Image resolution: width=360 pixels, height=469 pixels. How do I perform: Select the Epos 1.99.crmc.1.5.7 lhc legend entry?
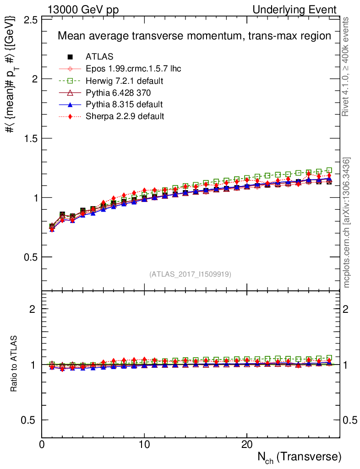(133, 69)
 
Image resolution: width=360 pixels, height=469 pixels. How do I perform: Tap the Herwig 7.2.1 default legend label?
(125, 81)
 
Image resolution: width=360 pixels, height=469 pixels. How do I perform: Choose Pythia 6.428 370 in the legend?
(118, 93)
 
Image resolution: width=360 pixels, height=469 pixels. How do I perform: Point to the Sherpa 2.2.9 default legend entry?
(125, 116)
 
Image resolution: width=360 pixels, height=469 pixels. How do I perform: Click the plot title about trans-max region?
(194, 36)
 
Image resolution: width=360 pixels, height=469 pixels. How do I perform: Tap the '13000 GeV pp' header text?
(83, 10)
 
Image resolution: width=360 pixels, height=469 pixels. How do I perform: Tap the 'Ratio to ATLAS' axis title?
(15, 364)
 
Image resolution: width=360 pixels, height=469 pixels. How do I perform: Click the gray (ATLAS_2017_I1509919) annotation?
(190, 274)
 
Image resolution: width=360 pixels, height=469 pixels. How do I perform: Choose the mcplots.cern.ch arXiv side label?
(347, 222)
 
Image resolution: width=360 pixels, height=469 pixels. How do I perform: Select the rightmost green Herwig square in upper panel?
(329, 170)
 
